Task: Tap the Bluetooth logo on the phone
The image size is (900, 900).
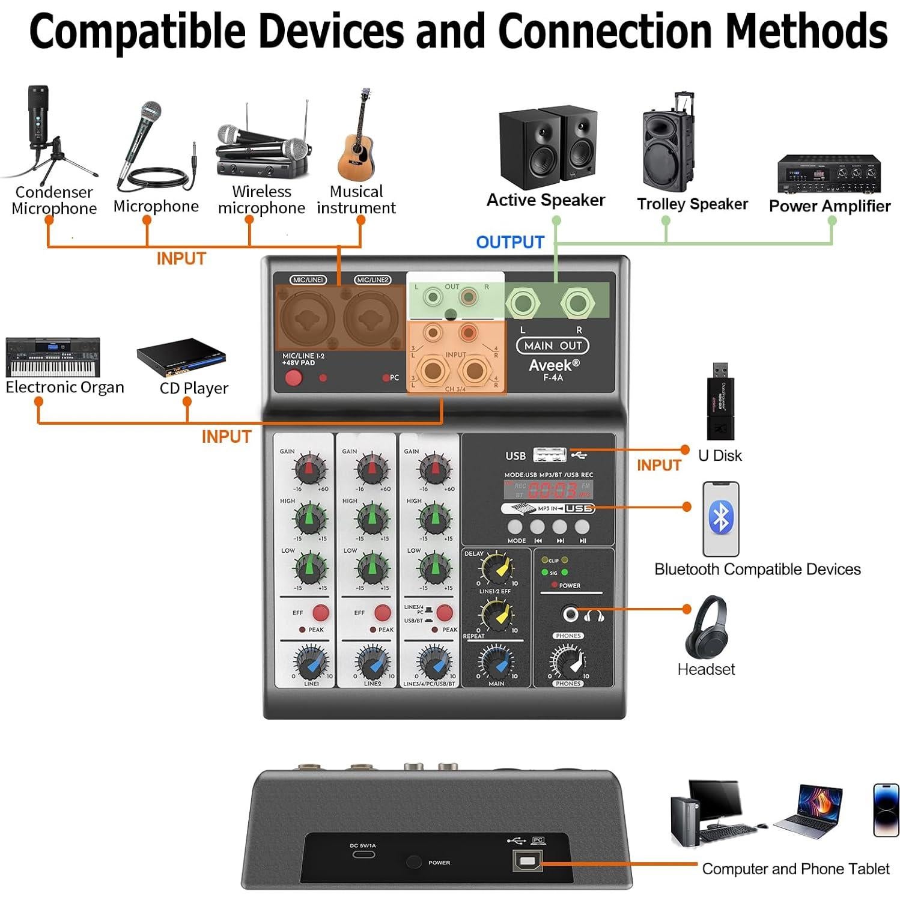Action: [x=721, y=517]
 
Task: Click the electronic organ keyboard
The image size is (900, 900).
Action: [x=53, y=357]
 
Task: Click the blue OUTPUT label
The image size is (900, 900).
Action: [x=509, y=242]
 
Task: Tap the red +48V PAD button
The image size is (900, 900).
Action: [x=293, y=378]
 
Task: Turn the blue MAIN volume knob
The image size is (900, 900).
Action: [x=496, y=662]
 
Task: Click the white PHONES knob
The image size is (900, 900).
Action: [x=568, y=662]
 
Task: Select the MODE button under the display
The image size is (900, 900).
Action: [x=515, y=527]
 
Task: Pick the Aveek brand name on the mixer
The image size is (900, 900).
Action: [x=553, y=365]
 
